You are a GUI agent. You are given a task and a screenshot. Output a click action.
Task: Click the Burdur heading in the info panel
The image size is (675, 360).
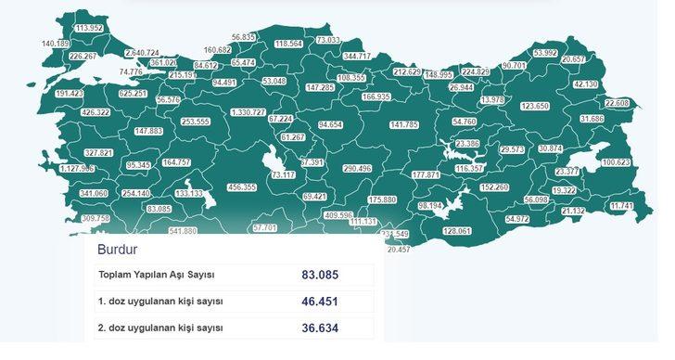119,250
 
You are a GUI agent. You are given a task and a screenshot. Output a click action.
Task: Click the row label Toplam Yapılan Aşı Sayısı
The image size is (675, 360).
157,276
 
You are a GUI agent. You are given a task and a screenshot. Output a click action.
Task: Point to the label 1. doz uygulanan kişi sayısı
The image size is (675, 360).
160,302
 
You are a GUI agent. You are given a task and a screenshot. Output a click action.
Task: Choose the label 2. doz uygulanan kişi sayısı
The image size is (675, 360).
160,328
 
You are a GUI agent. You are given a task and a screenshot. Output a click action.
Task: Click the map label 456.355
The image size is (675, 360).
242,187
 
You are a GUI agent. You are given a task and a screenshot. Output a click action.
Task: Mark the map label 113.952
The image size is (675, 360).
89,28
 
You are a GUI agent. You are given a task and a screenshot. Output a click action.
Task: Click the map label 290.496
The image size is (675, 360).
357,169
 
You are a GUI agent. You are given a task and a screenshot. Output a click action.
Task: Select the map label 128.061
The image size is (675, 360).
458,231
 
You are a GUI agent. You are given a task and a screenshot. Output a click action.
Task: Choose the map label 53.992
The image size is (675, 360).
545,53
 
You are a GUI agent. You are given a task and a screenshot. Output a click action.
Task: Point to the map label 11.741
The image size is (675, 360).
623,206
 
